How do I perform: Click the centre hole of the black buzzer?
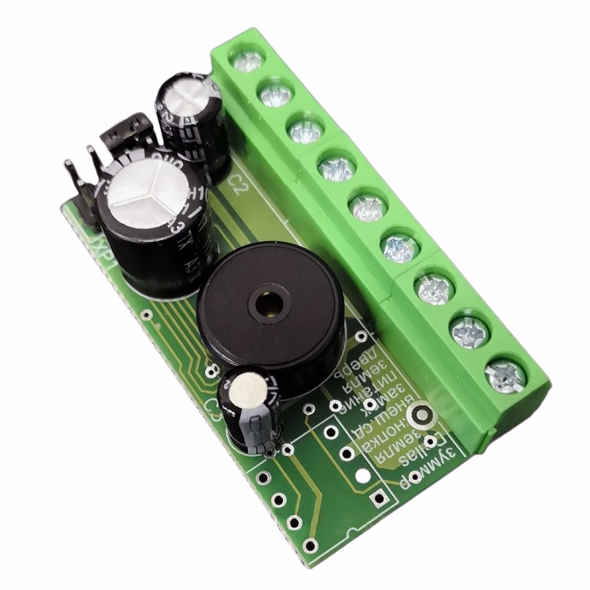pos(270,304)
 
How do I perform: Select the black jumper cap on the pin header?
pos(126,132)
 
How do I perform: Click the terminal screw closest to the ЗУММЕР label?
pos(506,374)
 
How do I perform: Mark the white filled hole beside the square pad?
pos(362,476)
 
